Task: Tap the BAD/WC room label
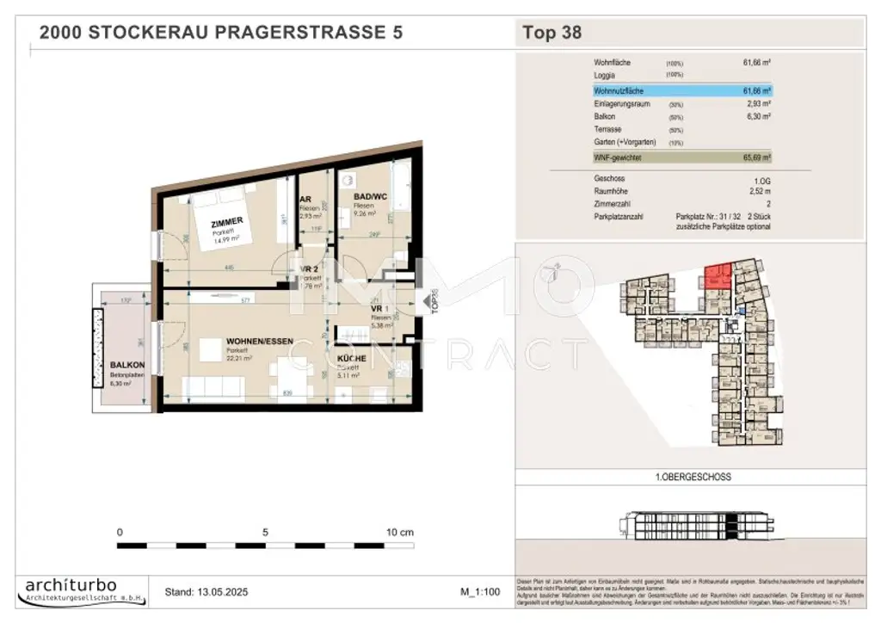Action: [370, 197]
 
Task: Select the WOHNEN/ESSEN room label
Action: [248, 342]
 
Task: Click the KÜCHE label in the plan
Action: [352, 358]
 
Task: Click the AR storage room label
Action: [305, 197]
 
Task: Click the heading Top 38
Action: [551, 34]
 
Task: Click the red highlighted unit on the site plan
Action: [716, 278]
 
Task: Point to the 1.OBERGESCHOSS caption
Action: [689, 477]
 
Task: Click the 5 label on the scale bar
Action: [265, 532]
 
